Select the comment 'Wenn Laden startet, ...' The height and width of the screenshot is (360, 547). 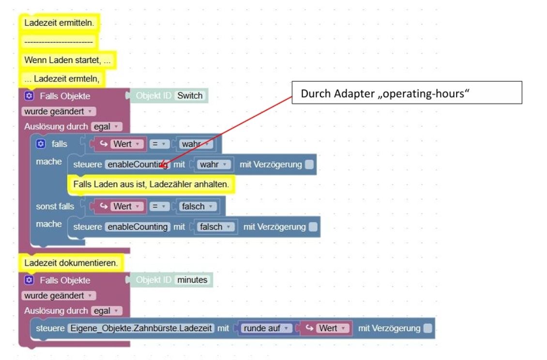click(x=67, y=60)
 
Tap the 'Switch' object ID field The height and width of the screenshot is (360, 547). click(x=189, y=96)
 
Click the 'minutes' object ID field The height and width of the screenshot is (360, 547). click(x=192, y=280)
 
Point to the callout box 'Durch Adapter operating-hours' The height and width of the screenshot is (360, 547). click(x=407, y=93)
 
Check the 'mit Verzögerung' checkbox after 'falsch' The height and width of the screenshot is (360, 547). click(x=313, y=226)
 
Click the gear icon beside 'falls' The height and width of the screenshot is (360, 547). click(x=41, y=144)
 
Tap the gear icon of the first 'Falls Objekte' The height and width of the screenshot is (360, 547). click(x=29, y=96)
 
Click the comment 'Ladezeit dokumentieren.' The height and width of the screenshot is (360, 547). click(x=71, y=263)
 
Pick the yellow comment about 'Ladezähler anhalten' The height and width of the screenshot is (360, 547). click(x=151, y=184)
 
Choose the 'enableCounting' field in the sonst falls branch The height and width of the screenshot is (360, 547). click(x=137, y=226)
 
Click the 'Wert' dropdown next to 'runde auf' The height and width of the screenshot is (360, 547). click(x=327, y=329)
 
